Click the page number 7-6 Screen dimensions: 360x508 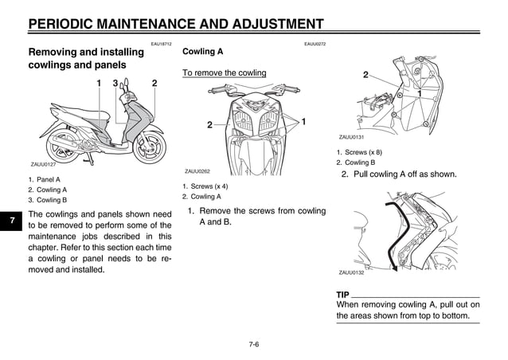[254, 344]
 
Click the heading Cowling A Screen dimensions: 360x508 [203, 52]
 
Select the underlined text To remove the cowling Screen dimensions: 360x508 [225, 73]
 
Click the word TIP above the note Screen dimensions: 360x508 [343, 295]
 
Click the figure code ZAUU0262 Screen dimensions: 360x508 [197, 171]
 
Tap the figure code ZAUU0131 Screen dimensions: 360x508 [351, 137]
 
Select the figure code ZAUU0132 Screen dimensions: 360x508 [351, 272]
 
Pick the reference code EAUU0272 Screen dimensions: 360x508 [315, 44]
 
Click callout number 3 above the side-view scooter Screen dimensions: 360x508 [115, 84]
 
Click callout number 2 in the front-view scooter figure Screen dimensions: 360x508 [209, 125]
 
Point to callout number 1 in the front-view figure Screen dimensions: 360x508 [304, 121]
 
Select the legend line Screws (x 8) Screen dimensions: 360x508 [361, 152]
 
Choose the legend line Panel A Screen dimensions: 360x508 [47, 180]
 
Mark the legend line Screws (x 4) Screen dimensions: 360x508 [207, 186]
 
